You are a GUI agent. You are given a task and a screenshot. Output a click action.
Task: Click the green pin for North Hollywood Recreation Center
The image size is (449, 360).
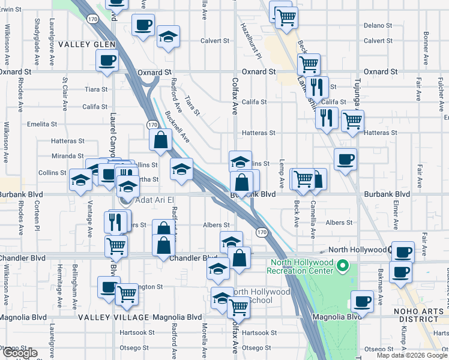tap(343, 265)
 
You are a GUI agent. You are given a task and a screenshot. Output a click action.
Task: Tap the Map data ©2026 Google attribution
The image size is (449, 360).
tap(412, 355)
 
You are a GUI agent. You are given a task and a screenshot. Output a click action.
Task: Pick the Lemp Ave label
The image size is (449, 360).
tap(280, 170)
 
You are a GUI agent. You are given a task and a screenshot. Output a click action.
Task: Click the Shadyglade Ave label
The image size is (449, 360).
tap(37, 41)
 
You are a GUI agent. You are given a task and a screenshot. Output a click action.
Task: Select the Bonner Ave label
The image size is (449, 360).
tap(426, 42)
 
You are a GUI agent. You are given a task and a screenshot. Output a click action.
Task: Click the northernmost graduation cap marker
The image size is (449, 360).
tap(169, 37)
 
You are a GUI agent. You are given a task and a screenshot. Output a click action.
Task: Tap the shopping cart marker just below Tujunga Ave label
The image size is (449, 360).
tap(352, 121)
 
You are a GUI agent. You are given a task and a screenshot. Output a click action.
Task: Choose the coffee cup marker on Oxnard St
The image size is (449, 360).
tap(107, 61)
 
